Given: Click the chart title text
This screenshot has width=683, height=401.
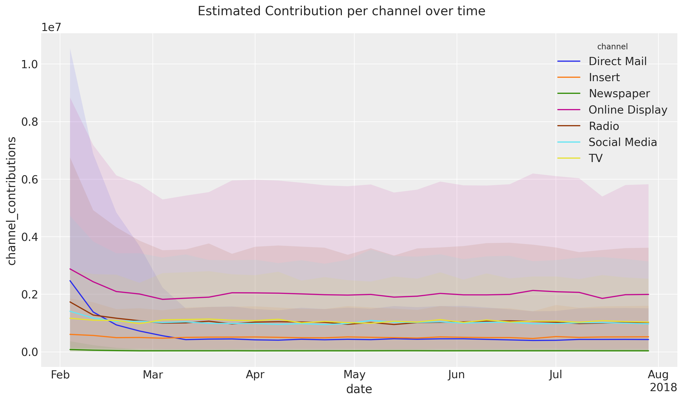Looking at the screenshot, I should (x=341, y=12).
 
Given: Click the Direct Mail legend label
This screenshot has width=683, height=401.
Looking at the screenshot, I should (x=618, y=61).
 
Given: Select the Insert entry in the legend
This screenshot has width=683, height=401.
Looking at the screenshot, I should (x=604, y=77).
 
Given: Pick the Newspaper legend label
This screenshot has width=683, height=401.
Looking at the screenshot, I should (x=619, y=94).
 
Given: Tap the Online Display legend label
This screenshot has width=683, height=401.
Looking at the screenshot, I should (x=628, y=110).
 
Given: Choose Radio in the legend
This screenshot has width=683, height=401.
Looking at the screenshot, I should (x=604, y=126).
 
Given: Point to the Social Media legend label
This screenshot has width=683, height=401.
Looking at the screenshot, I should (x=623, y=142).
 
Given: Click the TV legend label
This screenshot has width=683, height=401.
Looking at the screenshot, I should (x=596, y=158).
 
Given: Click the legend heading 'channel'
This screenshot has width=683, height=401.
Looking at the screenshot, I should (x=612, y=47).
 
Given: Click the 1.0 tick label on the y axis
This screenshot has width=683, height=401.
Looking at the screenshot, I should (x=30, y=65).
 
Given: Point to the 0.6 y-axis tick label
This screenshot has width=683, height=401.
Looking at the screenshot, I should (x=30, y=180).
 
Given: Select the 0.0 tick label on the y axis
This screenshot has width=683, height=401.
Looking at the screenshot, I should (x=30, y=352).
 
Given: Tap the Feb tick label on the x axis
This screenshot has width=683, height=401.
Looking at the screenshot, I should (x=60, y=375).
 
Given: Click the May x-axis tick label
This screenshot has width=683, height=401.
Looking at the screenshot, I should (x=354, y=375).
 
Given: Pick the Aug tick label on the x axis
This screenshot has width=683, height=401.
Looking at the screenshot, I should (x=658, y=375).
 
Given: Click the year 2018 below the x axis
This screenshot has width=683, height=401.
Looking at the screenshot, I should (x=663, y=388).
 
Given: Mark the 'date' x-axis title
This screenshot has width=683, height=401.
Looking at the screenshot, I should (x=359, y=389).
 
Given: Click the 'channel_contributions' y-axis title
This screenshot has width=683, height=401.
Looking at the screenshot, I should (x=12, y=201).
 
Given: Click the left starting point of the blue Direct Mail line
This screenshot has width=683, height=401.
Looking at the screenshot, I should (x=70, y=281).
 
